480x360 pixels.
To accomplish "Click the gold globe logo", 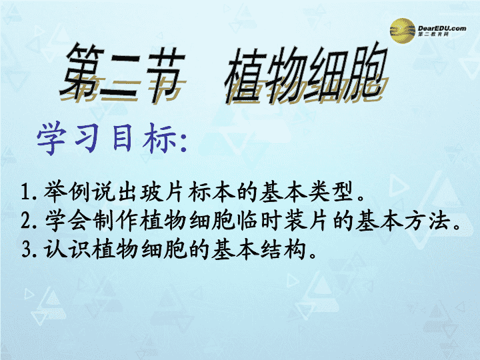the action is pyautogui.click(x=403, y=31).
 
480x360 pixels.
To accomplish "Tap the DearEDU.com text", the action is pyautogui.click(x=442, y=28).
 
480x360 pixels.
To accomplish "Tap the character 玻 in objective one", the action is pyautogui.click(x=153, y=192).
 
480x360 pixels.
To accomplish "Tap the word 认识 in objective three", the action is pyautogui.click(x=67, y=249).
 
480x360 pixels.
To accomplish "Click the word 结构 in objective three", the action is pyautogui.click(x=283, y=249).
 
